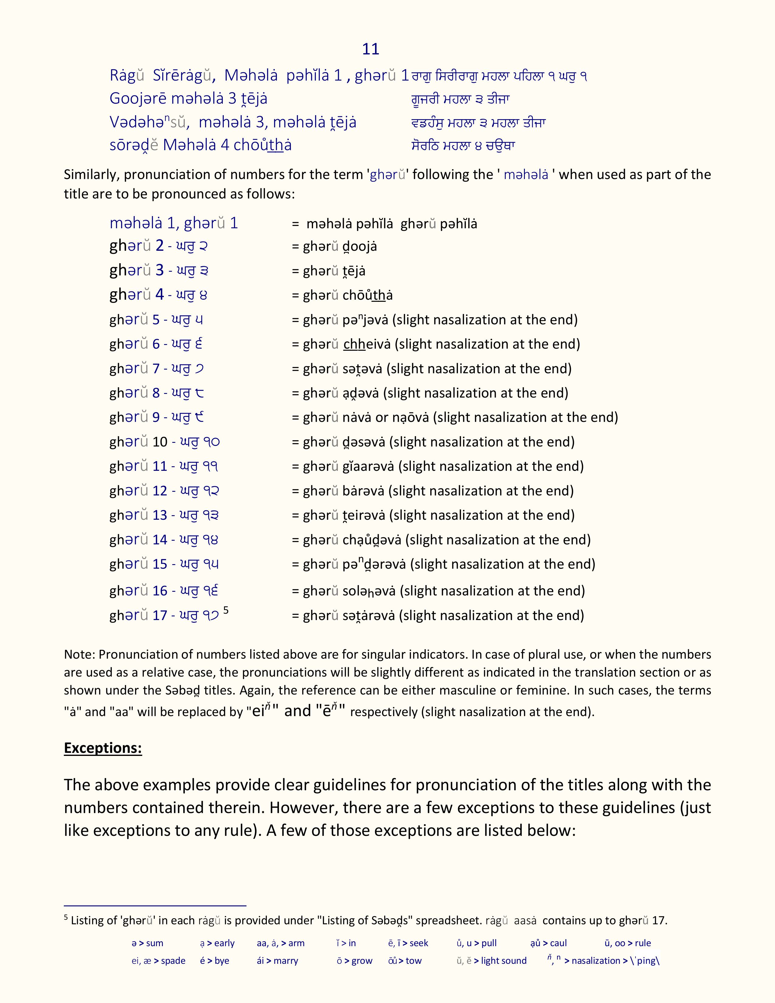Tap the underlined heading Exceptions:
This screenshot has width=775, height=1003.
tap(103, 748)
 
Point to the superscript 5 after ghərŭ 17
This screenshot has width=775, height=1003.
tap(226, 610)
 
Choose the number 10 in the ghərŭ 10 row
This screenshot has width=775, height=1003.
tap(160, 442)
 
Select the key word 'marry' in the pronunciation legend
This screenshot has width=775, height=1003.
tap(286, 961)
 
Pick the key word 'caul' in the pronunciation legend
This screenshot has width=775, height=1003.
tap(558, 943)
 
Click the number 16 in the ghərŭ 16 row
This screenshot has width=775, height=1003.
tap(160, 591)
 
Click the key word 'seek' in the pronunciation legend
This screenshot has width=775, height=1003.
tap(419, 943)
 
